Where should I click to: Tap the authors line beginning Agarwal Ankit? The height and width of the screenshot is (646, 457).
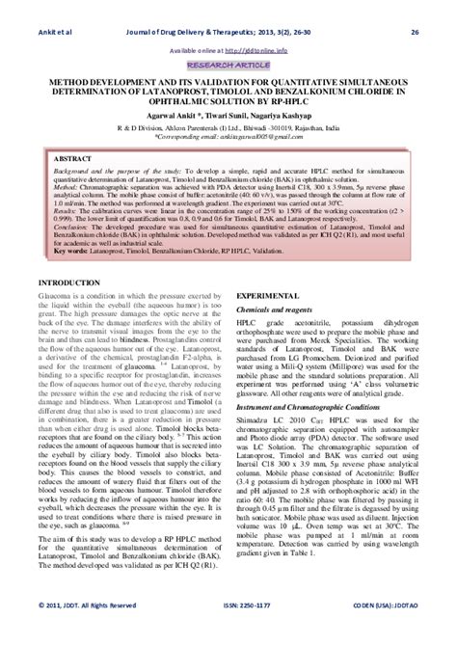pyautogui.click(x=228, y=114)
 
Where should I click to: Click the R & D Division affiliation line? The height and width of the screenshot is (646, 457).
pyautogui.click(x=228, y=125)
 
